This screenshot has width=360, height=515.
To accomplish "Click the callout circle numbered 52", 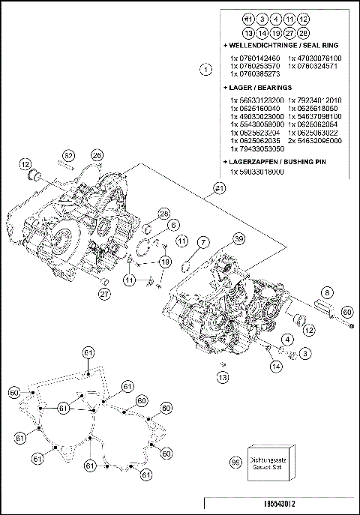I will tap(68, 155).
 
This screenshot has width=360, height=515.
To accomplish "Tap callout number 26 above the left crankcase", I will tap(97, 155).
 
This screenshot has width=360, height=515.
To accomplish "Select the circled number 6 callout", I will tap(173, 224).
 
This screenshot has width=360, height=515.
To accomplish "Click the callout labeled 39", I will tap(238, 239).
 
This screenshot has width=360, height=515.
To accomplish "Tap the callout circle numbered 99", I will tap(235, 465).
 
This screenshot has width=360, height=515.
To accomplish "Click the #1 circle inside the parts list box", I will tap(248, 18).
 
